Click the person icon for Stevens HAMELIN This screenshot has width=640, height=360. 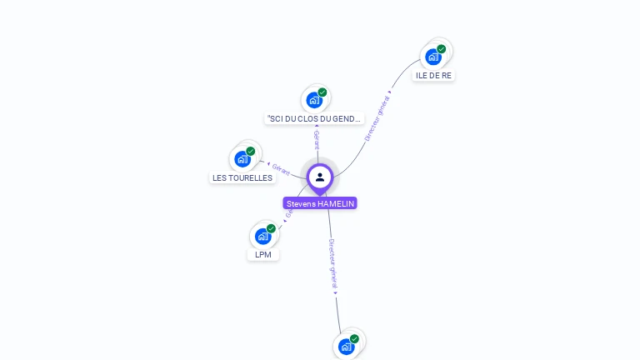point(320,177)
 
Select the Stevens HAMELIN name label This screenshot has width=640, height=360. point(320,203)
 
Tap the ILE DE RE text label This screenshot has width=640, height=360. point(433,75)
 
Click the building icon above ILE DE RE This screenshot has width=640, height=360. point(432,57)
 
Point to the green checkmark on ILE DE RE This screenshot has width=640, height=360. point(442,49)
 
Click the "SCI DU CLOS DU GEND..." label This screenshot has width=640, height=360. point(315,118)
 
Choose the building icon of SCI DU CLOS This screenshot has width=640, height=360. point(313,101)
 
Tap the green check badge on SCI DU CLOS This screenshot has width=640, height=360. point(322,92)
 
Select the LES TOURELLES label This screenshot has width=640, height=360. point(242,177)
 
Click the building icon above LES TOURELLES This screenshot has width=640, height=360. point(242,159)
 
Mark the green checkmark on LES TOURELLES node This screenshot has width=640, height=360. point(251,152)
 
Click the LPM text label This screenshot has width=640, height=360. point(263,254)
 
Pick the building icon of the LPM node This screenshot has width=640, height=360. point(262,236)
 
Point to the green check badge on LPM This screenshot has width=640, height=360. point(271,228)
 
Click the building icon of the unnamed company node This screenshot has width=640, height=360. point(346,347)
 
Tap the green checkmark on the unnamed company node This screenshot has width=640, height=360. point(354,339)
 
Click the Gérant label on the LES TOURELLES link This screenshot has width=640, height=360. point(281,170)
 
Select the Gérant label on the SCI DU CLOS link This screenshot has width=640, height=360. point(317,138)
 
